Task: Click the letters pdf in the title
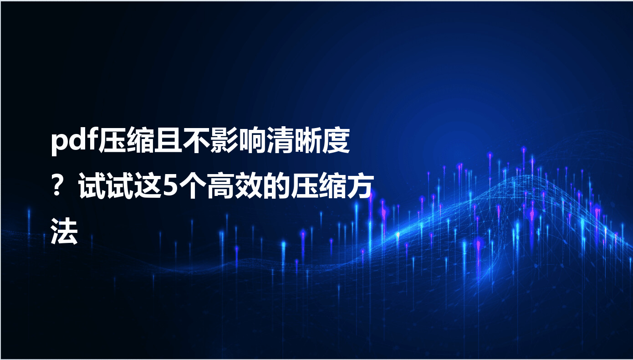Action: (74, 141)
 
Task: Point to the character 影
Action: (224, 140)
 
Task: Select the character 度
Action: (336, 140)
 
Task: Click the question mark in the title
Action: (57, 187)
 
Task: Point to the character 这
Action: (148, 187)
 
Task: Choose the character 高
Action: (221, 187)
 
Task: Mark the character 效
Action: (249, 187)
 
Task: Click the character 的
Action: (276, 187)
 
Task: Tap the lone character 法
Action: (64, 231)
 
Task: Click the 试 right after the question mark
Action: (92, 187)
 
